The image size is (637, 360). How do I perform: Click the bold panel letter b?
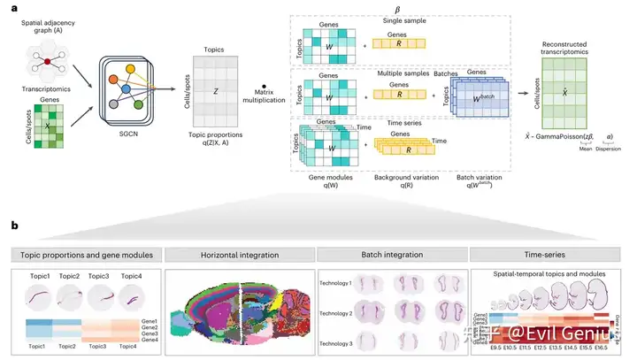[x=15, y=227]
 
